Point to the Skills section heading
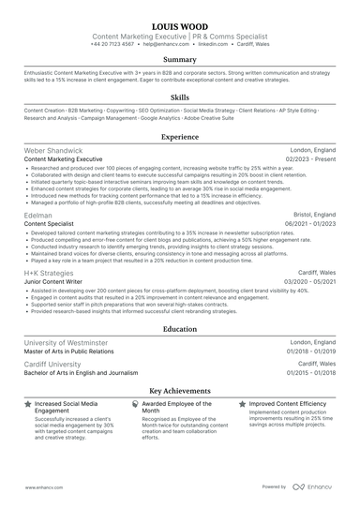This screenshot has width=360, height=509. click(180, 97)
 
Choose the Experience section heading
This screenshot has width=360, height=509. click(180, 136)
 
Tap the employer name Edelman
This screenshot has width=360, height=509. click(38, 214)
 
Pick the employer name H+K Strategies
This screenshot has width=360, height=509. click(51, 273)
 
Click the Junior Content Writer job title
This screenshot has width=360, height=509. click(58, 282)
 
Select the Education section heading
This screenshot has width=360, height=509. click(180, 330)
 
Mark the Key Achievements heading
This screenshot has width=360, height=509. click(180, 390)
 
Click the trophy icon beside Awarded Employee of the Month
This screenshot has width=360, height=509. click(134, 404)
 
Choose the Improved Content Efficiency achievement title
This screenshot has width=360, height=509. click(288, 404)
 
